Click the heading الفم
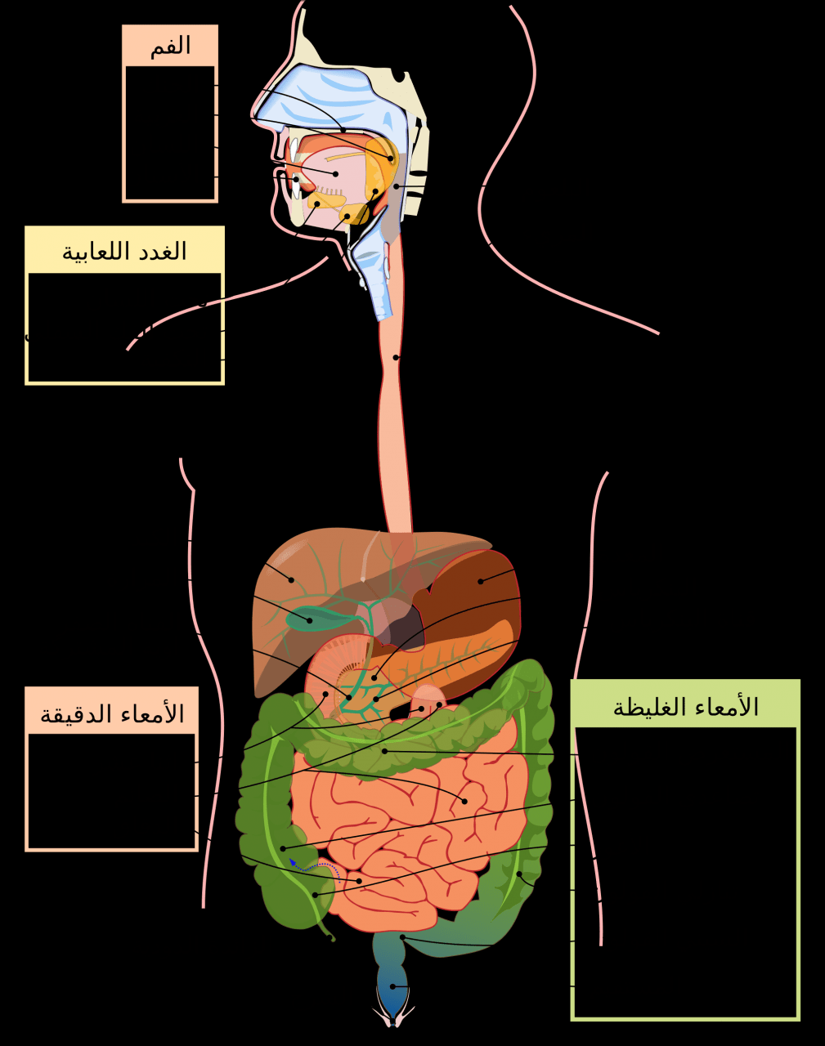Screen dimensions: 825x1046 click(x=170, y=47)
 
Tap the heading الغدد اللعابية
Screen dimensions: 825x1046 click(x=124, y=252)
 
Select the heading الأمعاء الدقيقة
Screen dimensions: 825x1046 click(x=112, y=714)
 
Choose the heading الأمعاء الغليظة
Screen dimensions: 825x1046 click(x=685, y=706)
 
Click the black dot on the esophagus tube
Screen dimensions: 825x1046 click(x=396, y=358)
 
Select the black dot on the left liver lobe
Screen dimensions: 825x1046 click(x=291, y=580)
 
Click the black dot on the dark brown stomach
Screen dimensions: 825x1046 click(x=480, y=581)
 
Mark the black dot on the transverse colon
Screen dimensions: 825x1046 click(x=385, y=751)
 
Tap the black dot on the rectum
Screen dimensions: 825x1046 click(x=392, y=986)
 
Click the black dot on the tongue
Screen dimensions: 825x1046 click(x=336, y=173)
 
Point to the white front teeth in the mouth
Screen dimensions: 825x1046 click(x=295, y=168)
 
